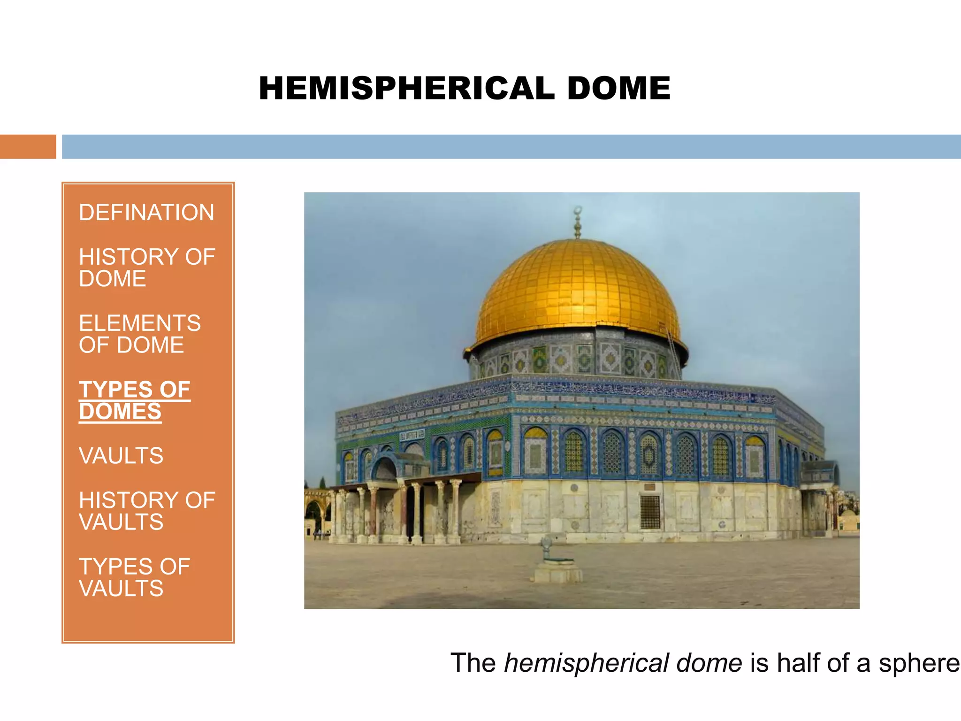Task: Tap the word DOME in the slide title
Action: tap(618, 88)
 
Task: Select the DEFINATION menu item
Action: tap(146, 212)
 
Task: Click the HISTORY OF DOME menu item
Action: tap(146, 268)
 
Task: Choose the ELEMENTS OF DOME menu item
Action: tap(140, 334)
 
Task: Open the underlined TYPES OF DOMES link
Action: tap(134, 400)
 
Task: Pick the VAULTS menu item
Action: tap(121, 456)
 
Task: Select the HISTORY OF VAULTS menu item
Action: tap(146, 511)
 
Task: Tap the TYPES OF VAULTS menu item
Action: tap(134, 577)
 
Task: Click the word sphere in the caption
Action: tap(919, 663)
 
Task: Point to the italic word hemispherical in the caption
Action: tap(587, 663)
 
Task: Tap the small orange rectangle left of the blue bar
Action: tap(28, 146)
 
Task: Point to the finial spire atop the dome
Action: tap(578, 223)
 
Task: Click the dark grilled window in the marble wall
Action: tap(650, 512)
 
